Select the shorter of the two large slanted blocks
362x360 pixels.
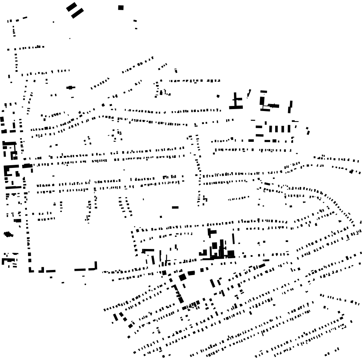tap(71, 7)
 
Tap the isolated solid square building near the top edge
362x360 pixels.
tap(121, 7)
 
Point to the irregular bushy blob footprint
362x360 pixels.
tap(8, 234)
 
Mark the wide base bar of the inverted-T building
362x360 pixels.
tap(236, 107)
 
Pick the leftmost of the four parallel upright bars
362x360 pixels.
tap(271, 129)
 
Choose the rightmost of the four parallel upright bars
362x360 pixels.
tap(288, 129)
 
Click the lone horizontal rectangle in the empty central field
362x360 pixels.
tap(175, 207)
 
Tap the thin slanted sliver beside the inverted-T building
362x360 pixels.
tap(249, 94)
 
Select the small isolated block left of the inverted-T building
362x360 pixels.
tap(218, 96)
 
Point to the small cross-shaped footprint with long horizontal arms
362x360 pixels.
tap(70, 88)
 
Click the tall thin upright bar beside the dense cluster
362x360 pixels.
tap(234, 238)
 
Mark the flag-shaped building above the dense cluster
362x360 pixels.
tap(211, 233)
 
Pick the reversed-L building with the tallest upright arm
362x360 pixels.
tap(93, 267)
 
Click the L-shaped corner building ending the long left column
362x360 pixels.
tap(31, 270)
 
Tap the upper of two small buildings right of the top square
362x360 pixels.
tap(135, 21)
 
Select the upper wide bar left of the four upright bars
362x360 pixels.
tap(259, 127)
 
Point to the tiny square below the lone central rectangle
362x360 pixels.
tap(161, 217)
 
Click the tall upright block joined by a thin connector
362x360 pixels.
tap(262, 101)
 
